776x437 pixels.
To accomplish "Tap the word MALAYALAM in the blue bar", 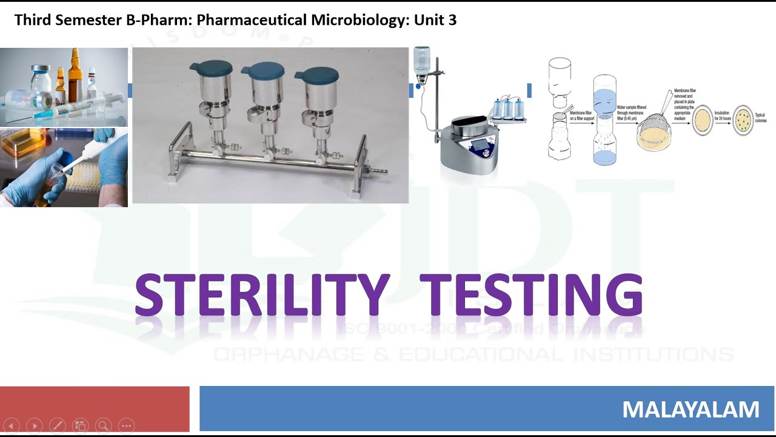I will click(x=691, y=410).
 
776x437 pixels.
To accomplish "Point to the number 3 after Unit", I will click(x=452, y=20).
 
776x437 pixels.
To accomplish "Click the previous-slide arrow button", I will click(x=12, y=426).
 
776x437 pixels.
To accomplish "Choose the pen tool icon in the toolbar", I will click(x=58, y=426).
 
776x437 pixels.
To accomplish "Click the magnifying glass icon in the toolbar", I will click(x=103, y=426).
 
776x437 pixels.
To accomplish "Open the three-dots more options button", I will click(x=126, y=426).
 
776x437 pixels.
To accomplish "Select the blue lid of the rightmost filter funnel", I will click(x=316, y=73).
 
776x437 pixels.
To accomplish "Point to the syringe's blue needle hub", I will click(x=43, y=113).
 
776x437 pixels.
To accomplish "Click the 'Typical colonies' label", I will click(x=760, y=117).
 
